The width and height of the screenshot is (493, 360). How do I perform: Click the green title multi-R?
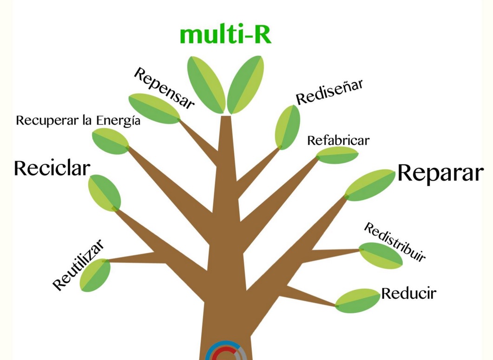point(225,35)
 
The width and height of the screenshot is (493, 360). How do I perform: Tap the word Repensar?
point(164,88)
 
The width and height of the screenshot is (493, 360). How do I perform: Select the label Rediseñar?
point(329,92)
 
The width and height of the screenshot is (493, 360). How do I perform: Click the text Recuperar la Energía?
point(78,121)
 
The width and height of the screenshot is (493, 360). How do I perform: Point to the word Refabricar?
point(338,140)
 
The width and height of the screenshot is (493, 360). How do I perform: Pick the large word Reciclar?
point(52,168)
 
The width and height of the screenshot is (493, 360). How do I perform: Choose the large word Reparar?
point(440,173)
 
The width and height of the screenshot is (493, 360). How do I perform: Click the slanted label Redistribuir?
point(394,242)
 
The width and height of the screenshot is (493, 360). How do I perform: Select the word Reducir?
point(408,294)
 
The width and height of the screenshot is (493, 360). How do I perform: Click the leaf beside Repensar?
point(154,109)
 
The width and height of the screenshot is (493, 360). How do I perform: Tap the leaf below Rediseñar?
point(287,127)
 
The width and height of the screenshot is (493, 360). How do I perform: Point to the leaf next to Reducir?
point(357,301)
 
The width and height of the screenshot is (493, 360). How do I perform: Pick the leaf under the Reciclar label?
point(105,192)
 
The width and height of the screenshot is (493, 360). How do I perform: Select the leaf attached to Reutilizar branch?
point(95,275)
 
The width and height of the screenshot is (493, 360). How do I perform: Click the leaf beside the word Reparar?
point(370,185)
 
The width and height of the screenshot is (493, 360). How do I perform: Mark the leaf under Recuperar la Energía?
point(111,141)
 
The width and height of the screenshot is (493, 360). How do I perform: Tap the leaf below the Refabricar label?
point(337,155)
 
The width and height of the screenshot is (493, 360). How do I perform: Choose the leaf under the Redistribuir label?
point(381,255)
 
